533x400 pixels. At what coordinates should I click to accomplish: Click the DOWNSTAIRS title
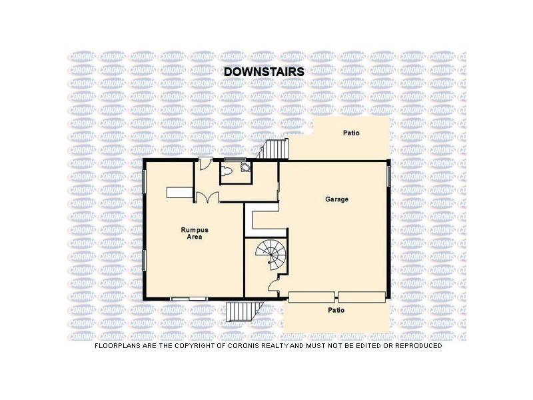click(x=264, y=71)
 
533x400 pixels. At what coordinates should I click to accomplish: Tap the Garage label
click(x=336, y=199)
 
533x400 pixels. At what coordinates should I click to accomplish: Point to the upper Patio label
click(x=351, y=133)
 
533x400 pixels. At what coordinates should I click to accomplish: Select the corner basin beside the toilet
click(x=246, y=168)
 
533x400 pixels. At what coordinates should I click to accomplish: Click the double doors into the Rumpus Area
click(x=207, y=197)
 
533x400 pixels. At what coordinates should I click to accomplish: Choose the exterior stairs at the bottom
click(x=241, y=312)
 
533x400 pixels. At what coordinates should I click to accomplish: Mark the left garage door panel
click(x=312, y=297)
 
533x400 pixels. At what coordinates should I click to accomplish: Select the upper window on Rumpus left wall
click(x=145, y=182)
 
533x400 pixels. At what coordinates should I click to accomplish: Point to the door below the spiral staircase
click(x=273, y=288)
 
